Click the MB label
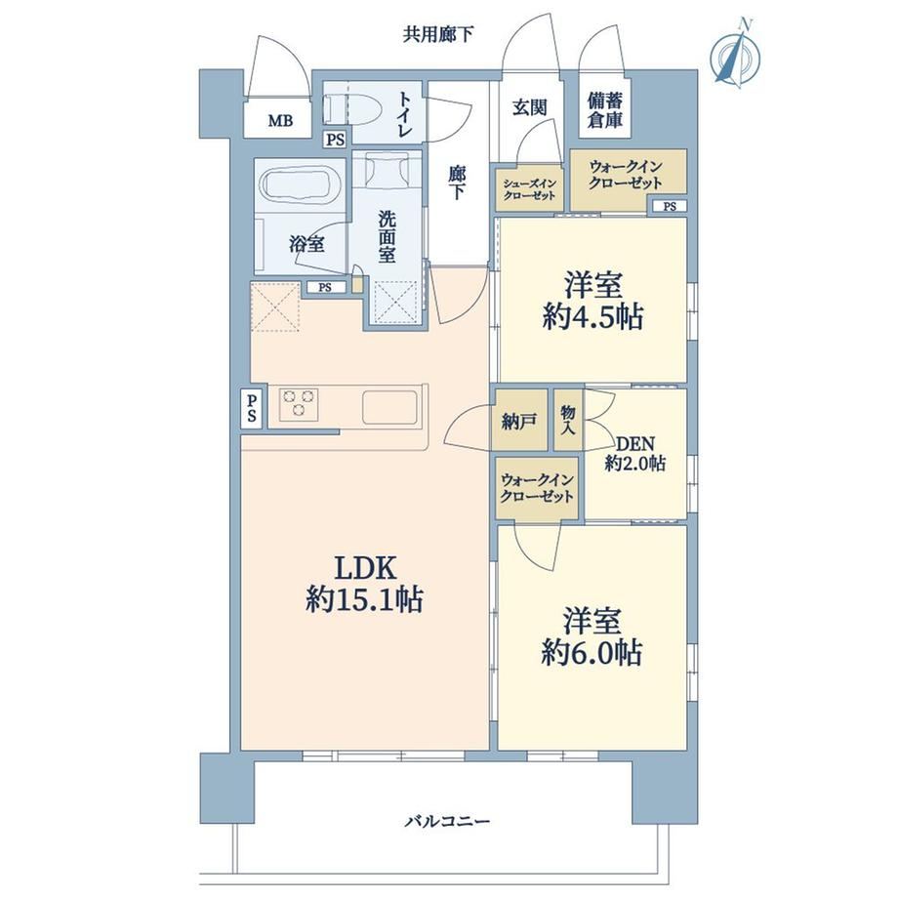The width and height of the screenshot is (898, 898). click(x=281, y=121)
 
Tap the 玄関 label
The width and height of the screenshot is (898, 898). click(x=529, y=107)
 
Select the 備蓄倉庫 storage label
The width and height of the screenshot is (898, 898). click(x=604, y=110)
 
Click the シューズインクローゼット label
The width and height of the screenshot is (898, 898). click(x=529, y=189)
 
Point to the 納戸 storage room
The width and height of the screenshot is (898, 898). click(x=519, y=421)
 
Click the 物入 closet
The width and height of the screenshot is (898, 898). click(x=568, y=420)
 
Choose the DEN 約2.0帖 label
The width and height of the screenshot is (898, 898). click(x=635, y=454)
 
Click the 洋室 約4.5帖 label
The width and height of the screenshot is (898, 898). click(x=592, y=301)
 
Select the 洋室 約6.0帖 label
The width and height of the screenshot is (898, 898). click(x=592, y=637)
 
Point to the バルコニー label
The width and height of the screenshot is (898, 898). click(x=448, y=822)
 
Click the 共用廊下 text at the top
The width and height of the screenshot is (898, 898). click(x=438, y=35)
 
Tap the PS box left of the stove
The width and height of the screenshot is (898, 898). click(x=251, y=408)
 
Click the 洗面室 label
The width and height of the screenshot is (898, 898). click(x=387, y=236)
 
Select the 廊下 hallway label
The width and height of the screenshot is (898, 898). click(x=457, y=183)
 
